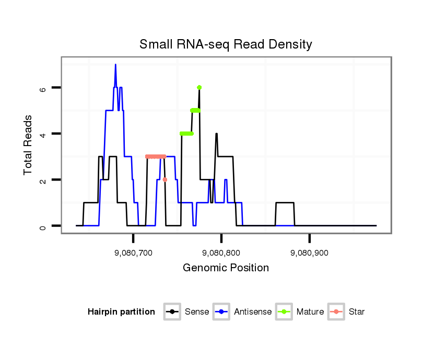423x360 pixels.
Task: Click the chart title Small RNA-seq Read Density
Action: tap(226, 44)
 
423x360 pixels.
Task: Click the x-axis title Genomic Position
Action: tap(226, 268)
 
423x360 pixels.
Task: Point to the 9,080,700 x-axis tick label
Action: tap(133, 253)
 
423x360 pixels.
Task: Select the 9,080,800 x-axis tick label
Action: tap(221, 253)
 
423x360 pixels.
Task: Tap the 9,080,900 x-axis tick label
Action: tap(310, 253)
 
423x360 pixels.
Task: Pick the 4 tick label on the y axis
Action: tap(44, 134)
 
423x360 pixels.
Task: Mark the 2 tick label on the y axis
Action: tap(44, 179)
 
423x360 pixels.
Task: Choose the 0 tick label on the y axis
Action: tap(44, 226)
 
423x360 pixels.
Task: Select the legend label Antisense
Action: tap(252, 312)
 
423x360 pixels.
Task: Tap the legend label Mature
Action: tap(310, 312)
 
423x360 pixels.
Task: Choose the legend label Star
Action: tap(356, 312)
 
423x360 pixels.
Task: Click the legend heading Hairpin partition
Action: tap(121, 312)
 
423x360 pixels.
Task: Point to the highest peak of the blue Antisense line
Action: tap(115, 65)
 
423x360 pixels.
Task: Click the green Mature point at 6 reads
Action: tap(199, 88)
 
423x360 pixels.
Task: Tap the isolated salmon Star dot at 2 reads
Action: tap(165, 179)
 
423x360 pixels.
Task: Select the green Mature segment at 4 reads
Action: tap(186, 134)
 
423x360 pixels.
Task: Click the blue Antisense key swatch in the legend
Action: tap(222, 312)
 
